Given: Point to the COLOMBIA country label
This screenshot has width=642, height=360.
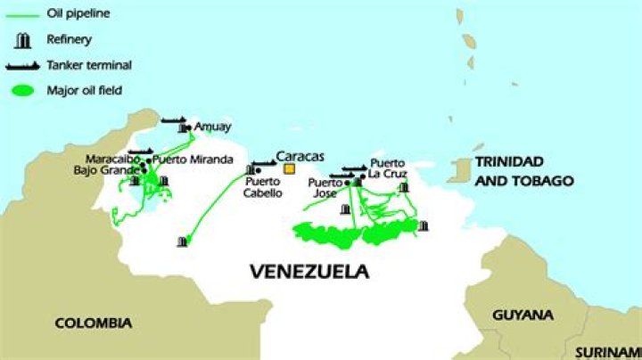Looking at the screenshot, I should [x=93, y=323].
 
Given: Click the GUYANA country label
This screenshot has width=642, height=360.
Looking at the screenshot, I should [x=522, y=315].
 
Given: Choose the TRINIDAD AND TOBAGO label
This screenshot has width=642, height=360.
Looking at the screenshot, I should [x=523, y=170].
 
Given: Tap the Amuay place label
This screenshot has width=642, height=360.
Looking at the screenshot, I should [x=212, y=127].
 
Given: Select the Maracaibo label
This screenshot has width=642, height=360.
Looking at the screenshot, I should [x=112, y=160].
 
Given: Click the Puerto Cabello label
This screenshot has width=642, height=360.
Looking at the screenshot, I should [x=264, y=186].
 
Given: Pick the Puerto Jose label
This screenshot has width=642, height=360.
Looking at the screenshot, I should [x=325, y=187].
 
